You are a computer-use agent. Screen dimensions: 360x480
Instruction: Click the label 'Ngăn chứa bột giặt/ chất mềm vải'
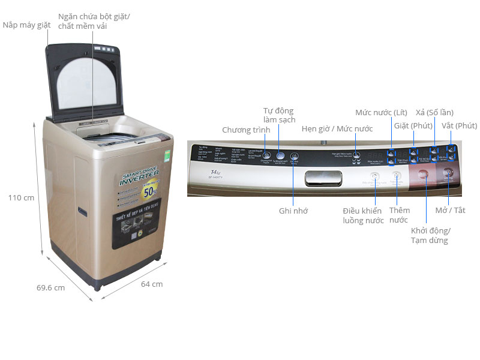pos(94,21)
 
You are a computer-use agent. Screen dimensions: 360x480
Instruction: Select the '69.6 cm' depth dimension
pos(50,287)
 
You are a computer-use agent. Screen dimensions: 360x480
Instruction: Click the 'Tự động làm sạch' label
pos(279,115)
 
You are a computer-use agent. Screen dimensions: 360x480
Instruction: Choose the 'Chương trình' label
pos(245,130)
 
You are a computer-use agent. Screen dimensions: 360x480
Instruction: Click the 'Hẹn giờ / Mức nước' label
pos(337,128)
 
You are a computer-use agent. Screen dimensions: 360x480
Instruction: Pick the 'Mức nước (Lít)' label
pos(381,112)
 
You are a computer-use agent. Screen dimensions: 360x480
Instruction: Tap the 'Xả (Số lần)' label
pos(434,112)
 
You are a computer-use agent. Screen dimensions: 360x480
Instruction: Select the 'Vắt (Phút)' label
pos(458,125)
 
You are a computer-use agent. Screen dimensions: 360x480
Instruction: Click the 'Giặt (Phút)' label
pos(413,125)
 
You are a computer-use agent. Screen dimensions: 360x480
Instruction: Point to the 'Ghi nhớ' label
pos(294,211)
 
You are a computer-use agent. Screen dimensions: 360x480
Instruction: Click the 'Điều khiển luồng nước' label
pos(362,215)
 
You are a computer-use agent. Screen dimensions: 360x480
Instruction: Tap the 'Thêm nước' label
pos(399,215)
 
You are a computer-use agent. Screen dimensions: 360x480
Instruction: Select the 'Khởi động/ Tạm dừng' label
pos(430,235)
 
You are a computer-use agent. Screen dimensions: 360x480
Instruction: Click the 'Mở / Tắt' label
pos(451,210)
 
